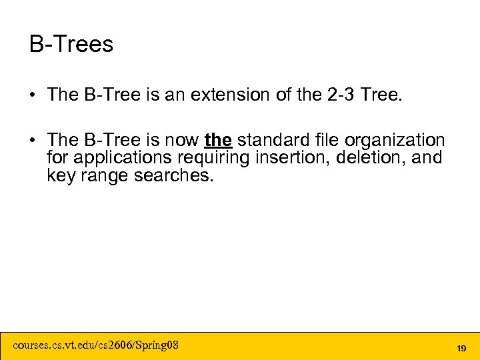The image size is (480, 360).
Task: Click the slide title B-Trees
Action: point(71,45)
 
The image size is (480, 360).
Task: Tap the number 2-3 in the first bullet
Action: point(340,95)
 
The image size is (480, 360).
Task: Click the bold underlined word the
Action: point(218,141)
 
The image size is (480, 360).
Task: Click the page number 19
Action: point(461,348)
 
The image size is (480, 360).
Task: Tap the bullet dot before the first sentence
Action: point(33,95)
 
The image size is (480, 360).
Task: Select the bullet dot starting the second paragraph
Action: point(33,141)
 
